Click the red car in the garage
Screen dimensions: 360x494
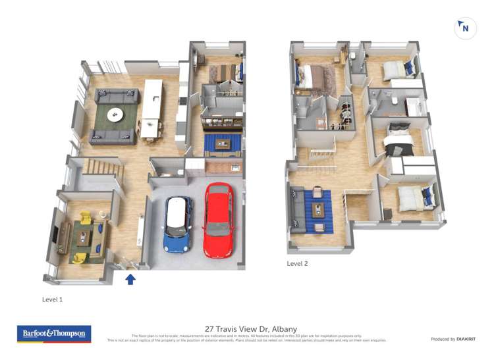[218, 220]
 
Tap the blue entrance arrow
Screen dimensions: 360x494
[130, 279]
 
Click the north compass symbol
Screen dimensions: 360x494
[465, 28]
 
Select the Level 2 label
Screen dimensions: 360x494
[297, 263]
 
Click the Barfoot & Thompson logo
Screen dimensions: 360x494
[54, 334]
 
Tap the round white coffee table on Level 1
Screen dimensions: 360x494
[116, 115]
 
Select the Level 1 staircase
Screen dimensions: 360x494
[101, 172]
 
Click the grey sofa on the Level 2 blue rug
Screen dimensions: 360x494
[298, 210]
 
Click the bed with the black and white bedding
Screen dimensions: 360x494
[399, 139]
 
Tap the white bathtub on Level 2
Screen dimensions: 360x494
[414, 105]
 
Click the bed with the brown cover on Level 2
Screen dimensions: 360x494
[315, 77]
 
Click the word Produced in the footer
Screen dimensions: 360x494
[443, 339]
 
